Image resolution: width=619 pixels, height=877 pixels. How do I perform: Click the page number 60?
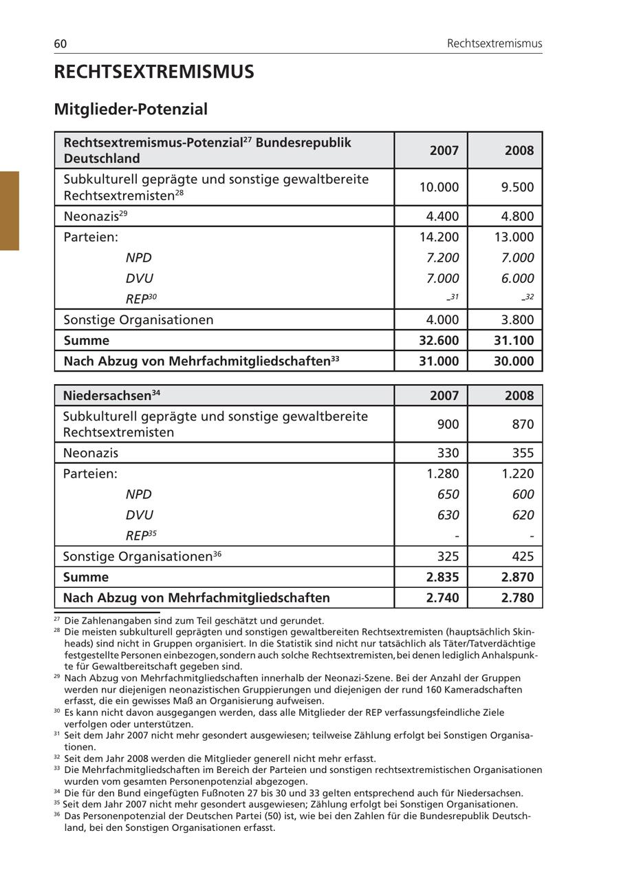tap(61, 44)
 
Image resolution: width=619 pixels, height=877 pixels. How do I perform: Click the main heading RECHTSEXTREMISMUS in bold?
tap(154, 72)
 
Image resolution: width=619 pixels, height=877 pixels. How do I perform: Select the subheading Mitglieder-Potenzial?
tap(131, 109)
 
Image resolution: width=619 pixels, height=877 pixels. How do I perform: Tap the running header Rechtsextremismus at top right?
tap(494, 44)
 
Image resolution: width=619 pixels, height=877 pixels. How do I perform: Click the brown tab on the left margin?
tap(10, 211)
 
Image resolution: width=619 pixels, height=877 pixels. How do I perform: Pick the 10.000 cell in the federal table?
tap(439, 187)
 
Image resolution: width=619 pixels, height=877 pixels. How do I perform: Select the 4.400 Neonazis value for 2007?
tap(442, 216)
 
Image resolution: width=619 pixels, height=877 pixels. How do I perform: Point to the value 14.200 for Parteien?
tap(439, 237)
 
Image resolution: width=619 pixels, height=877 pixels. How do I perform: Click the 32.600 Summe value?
tap(439, 341)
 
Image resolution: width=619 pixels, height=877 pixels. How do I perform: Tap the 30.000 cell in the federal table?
tap(514, 361)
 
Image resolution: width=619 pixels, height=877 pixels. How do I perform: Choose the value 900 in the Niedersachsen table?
tap(448, 424)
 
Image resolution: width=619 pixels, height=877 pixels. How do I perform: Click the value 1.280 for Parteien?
tap(442, 474)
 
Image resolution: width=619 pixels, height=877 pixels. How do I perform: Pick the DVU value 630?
tap(448, 515)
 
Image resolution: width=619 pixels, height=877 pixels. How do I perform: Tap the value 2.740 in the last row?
tap(442, 598)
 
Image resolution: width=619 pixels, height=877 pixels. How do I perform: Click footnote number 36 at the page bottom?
tap(56, 814)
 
